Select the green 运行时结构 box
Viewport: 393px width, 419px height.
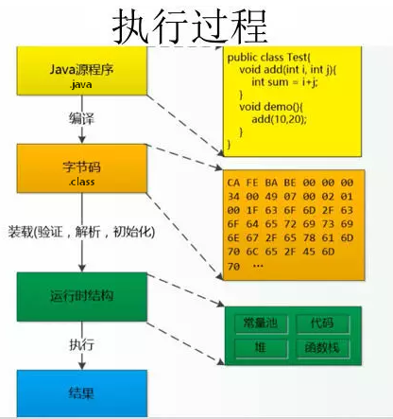click(x=81, y=297)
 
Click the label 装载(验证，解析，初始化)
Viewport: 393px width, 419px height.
click(x=81, y=230)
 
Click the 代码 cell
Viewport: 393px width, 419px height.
click(x=315, y=323)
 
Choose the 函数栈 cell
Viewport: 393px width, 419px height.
click(x=316, y=349)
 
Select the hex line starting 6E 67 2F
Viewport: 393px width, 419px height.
click(x=288, y=241)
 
